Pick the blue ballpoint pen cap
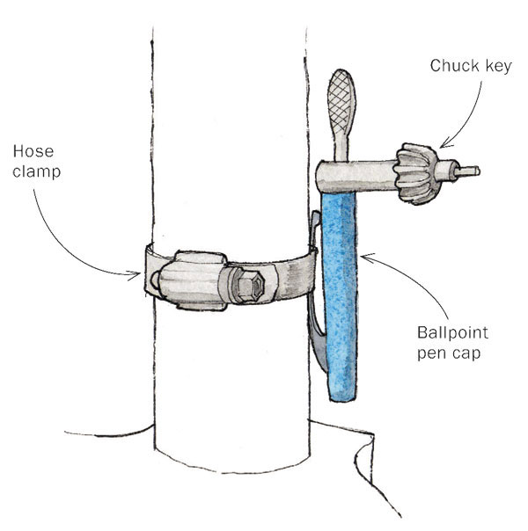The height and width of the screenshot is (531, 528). pos(343,290)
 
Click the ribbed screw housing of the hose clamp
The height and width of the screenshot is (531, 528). pos(194,280)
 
